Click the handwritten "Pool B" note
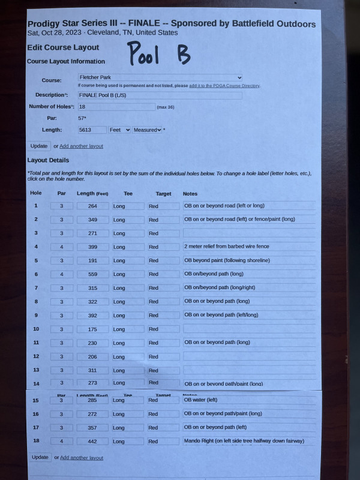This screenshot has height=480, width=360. point(158,55)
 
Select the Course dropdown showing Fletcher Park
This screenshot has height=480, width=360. point(160,77)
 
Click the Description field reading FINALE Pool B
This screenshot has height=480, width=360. point(160,95)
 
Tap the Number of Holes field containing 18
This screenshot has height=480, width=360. point(116,107)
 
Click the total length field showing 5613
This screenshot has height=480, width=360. point(91,130)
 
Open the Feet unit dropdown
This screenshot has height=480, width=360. point(119,130)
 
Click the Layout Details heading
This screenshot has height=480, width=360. point(48,160)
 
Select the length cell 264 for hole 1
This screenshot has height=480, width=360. point(92,206)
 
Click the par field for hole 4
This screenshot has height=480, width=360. point(61,247)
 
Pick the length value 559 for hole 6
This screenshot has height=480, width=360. point(92,274)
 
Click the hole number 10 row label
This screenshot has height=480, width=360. point(36,329)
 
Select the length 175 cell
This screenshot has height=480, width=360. point(92,329)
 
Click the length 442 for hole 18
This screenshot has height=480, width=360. point(92,442)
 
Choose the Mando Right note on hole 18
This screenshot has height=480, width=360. point(248,442)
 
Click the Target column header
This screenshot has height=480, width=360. point(163,194)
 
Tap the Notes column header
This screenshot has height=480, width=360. point(190,194)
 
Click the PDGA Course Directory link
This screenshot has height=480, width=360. point(224,86)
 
